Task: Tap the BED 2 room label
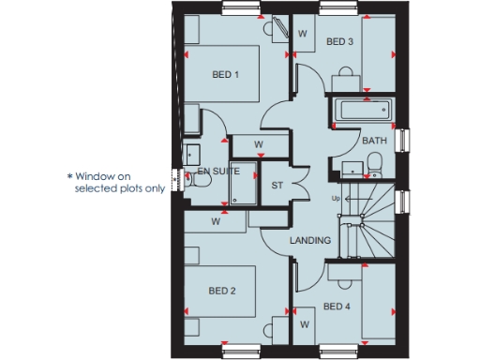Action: click(222, 291)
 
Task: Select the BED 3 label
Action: click(339, 42)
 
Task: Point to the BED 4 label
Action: click(337, 307)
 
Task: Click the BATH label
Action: click(374, 142)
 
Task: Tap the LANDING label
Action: click(310, 241)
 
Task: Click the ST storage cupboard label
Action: click(277, 185)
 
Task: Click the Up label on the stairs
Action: click(336, 199)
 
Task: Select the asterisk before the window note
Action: click(68, 175)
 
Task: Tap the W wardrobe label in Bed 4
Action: click(305, 324)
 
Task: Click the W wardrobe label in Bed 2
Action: click(216, 222)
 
